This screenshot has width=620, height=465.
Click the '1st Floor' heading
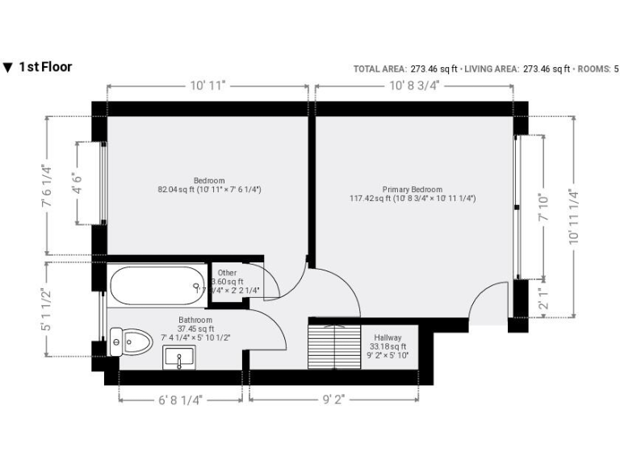[44, 67]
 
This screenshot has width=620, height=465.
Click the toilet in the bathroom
[132, 342]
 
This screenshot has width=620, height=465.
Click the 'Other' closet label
[227, 273]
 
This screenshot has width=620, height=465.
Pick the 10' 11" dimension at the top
[207, 85]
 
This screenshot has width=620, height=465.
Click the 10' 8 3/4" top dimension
[413, 85]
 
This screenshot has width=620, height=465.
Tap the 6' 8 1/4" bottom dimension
[180, 398]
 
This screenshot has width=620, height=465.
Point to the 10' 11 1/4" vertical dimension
[574, 216]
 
